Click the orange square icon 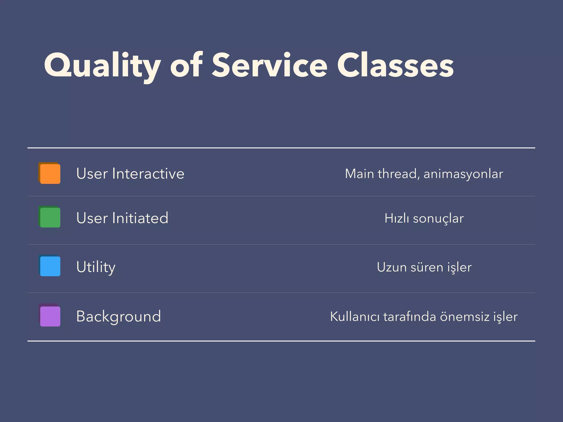coord(50,173)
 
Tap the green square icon coord(50,217)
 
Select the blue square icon coord(50,266)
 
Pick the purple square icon coord(50,316)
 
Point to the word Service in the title coord(269,66)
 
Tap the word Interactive coord(148,174)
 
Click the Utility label coord(96,267)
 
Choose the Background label coord(118,316)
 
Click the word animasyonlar coord(463,174)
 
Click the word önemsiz coord(465,316)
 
